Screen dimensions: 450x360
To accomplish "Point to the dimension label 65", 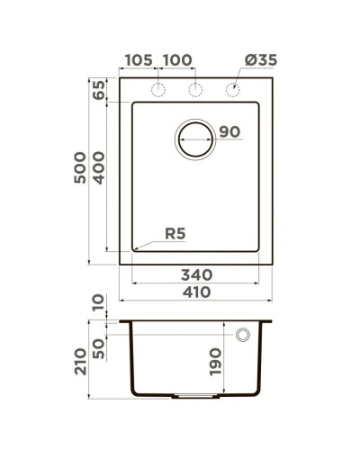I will [x=99, y=91].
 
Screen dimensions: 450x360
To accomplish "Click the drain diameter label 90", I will [x=229, y=132].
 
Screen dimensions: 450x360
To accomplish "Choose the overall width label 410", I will [x=196, y=292].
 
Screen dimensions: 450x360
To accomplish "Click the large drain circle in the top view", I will [x=196, y=139].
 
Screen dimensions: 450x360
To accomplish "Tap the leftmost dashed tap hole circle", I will [x=157, y=90].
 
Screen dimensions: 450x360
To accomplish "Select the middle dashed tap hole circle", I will [x=195, y=90].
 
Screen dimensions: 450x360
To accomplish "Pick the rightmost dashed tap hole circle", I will [x=233, y=90].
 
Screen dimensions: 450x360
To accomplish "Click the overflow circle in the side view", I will [x=242, y=336].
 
